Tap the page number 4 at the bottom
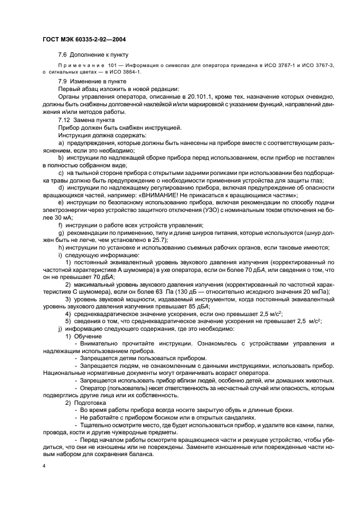(x=44, y=466)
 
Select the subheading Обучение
(x=87, y=337)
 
